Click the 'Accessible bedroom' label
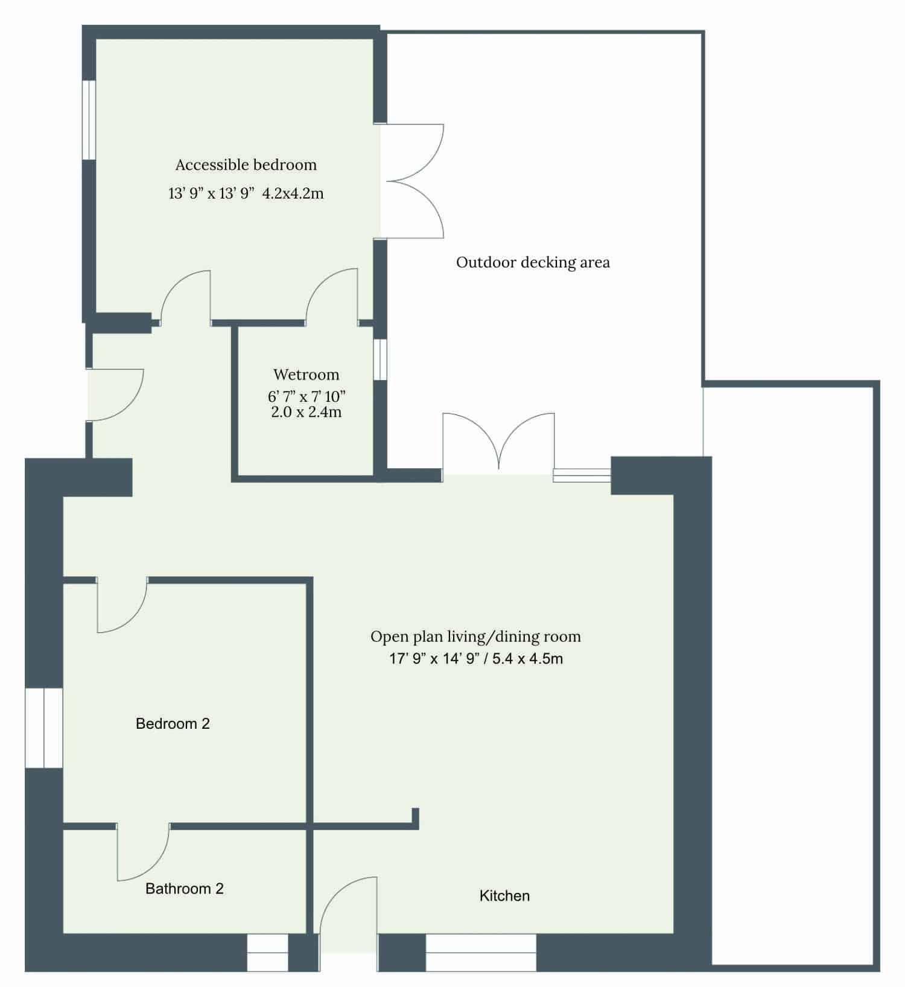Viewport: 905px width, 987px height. point(246,165)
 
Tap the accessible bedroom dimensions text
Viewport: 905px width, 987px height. point(246,194)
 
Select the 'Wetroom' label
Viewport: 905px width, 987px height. point(306,375)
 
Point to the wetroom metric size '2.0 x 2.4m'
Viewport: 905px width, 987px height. point(306,413)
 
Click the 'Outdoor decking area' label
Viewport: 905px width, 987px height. point(533,262)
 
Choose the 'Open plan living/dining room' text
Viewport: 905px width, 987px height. point(476,636)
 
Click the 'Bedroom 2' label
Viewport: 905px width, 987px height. point(173,724)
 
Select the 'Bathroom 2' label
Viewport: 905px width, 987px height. point(185,889)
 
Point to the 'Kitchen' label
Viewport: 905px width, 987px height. point(504,896)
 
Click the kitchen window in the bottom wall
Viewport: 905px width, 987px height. point(481,953)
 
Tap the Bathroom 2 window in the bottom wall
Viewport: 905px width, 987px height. point(268,953)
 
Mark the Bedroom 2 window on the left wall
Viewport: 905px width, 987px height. point(44,728)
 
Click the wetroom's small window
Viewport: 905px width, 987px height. point(380,360)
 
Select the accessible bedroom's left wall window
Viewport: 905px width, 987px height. point(89,119)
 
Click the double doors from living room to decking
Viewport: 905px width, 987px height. point(499,443)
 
